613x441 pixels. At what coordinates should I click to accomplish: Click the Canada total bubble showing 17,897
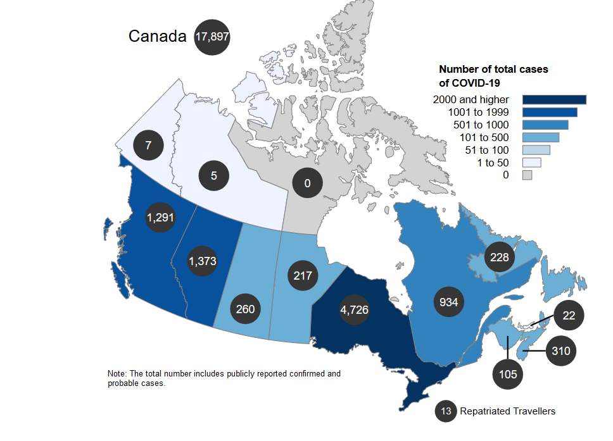coord(212,37)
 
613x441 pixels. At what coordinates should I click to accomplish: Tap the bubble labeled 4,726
coord(355,310)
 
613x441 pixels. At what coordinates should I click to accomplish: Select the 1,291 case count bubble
coord(160,217)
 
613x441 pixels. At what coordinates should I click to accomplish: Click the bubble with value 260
coord(246,309)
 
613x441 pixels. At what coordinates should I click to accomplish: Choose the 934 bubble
coord(449,301)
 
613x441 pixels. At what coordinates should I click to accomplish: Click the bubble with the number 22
coord(569,316)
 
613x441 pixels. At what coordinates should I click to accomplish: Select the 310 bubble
coord(561,351)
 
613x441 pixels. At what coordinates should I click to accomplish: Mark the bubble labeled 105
coord(509,374)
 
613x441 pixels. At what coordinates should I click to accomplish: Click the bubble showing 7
coord(148,146)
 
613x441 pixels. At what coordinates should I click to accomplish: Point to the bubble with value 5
coord(214,175)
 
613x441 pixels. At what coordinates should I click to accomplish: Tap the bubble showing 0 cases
coord(307,184)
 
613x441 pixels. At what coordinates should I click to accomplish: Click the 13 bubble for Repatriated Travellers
coord(446,411)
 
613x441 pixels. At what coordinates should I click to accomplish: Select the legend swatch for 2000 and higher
coord(554,99)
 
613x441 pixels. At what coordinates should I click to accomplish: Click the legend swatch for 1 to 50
coord(531,163)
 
